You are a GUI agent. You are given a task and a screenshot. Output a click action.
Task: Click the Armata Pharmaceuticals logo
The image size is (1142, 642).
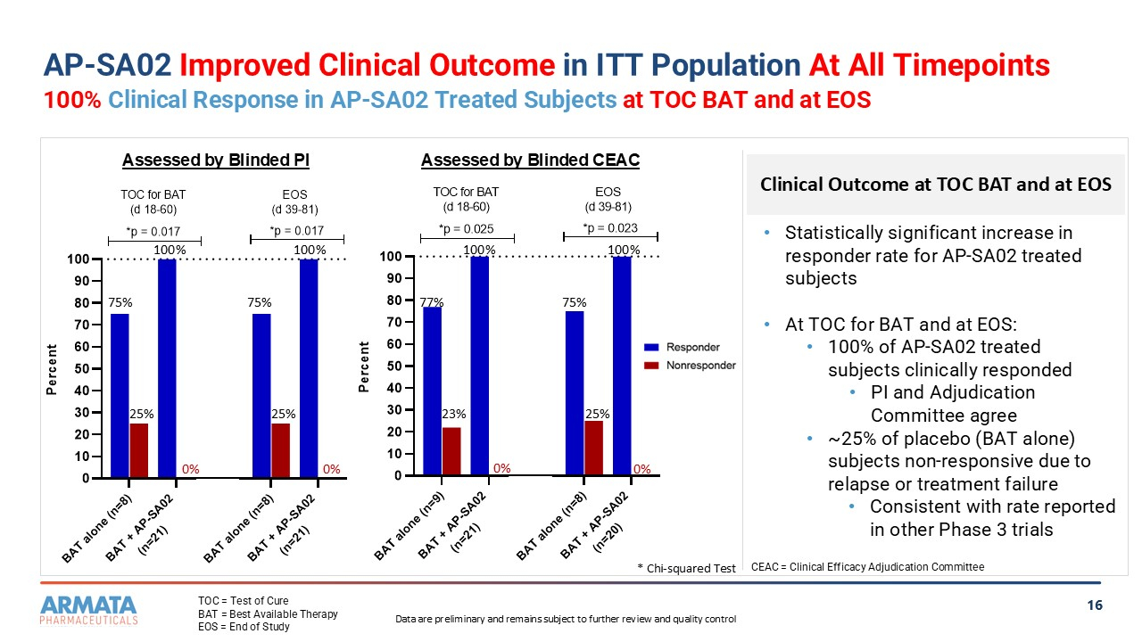88,610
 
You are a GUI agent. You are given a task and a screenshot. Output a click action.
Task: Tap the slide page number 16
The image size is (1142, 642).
1095,606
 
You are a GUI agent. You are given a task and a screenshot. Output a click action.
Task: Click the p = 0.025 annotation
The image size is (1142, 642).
467,229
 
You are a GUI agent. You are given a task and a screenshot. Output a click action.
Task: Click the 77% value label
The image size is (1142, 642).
432,303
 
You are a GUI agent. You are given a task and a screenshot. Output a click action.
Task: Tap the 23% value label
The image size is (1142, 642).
453,414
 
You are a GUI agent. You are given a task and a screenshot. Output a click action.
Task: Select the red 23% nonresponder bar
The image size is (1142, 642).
451,451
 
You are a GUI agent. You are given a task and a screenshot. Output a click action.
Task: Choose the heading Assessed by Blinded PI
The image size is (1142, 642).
215,160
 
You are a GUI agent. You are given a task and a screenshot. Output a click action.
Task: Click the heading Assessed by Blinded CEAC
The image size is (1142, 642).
530,160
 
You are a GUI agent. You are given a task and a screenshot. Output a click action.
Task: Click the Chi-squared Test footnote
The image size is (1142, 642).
687,568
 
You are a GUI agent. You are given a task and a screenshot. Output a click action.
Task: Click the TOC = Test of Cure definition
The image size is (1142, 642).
243,601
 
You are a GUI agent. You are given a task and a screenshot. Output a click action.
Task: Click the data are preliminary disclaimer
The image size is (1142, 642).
565,619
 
